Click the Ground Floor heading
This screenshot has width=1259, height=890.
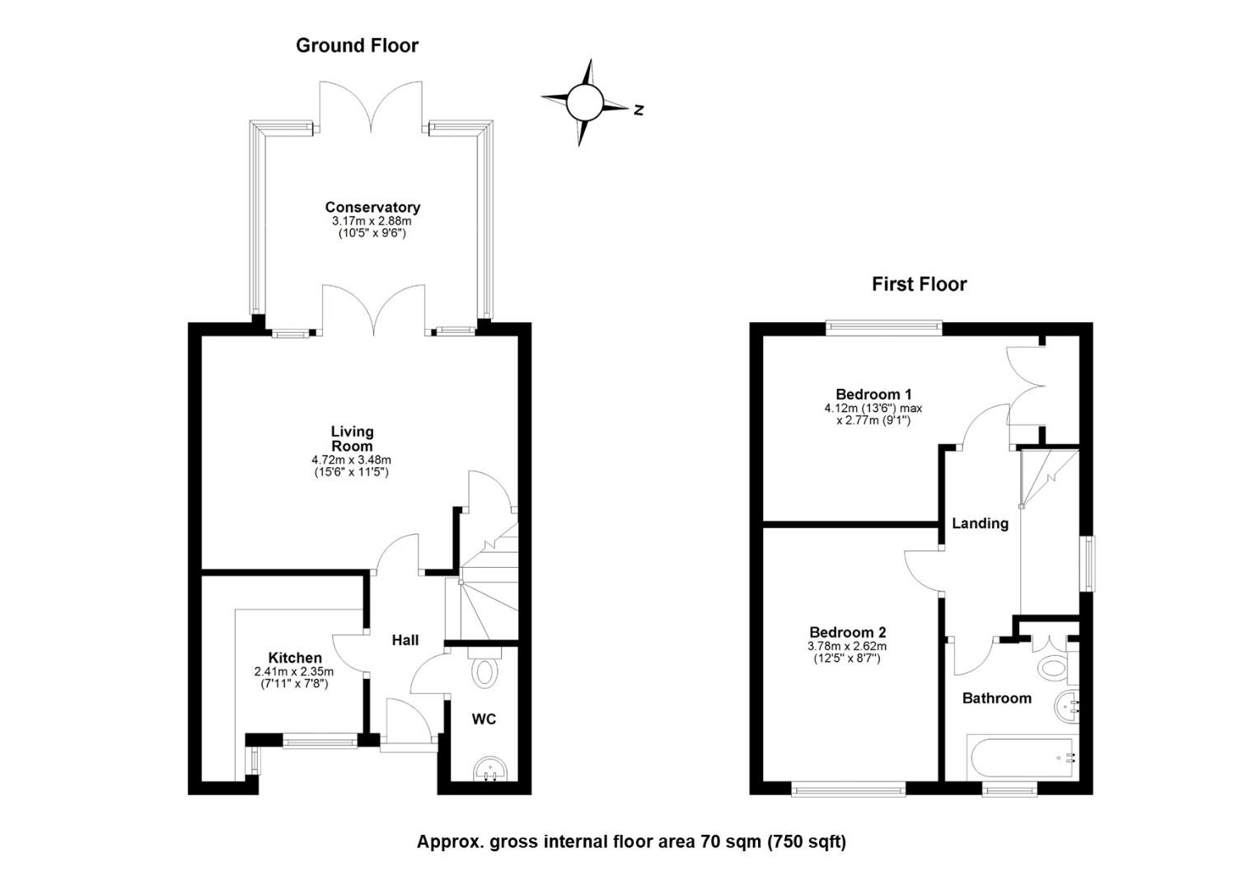(x=357, y=45)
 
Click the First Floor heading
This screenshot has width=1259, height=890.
(x=919, y=284)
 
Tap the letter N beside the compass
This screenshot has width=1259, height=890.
(x=639, y=110)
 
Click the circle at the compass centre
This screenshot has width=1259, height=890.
(x=584, y=102)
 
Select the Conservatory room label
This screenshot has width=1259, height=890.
(x=372, y=208)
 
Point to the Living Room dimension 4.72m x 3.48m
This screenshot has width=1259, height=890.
(x=351, y=460)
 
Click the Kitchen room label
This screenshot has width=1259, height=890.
(x=295, y=658)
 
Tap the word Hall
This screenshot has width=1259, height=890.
(x=405, y=639)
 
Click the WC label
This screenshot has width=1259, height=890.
(x=484, y=719)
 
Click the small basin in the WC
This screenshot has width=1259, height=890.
(x=491, y=769)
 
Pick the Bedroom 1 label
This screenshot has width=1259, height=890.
(x=873, y=394)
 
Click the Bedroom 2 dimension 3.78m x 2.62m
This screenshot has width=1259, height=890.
(x=847, y=647)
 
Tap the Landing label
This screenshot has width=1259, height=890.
(x=981, y=523)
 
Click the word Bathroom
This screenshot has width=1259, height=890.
(x=997, y=698)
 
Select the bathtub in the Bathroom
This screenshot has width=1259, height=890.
(x=1023, y=757)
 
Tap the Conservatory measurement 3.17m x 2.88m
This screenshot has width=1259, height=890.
(x=372, y=221)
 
